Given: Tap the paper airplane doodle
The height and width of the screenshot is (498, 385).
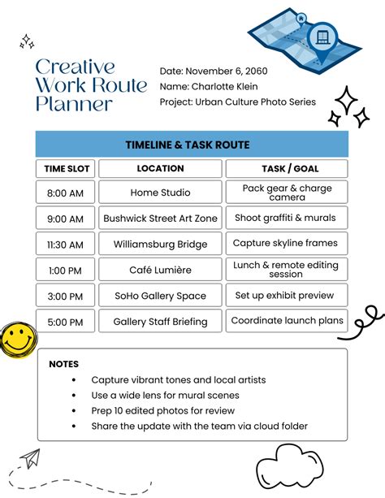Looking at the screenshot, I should click(30, 459).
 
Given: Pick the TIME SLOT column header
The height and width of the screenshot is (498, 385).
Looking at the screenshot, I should click(65, 169).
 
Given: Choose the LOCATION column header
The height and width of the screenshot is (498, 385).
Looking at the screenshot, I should click(160, 169).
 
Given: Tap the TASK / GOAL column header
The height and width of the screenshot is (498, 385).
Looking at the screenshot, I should click(286, 169).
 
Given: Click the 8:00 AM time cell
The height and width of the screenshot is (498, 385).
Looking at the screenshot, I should click(65, 193).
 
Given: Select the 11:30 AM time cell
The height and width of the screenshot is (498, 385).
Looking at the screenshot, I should click(65, 244).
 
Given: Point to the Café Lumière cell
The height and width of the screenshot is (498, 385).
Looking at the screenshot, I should click(160, 270).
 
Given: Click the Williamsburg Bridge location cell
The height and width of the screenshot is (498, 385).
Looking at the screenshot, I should click(160, 244).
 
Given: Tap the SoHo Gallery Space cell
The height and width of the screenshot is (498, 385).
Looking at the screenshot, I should click(160, 296).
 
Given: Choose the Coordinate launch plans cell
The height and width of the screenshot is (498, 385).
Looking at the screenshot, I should click(287, 321).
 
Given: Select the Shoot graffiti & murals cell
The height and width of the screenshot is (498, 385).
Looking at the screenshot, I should click(286, 218).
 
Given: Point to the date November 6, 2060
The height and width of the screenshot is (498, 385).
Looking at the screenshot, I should click(225, 71).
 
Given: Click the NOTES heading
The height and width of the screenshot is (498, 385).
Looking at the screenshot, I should click(64, 364).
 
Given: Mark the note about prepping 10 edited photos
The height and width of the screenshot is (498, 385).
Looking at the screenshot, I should click(163, 410).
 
